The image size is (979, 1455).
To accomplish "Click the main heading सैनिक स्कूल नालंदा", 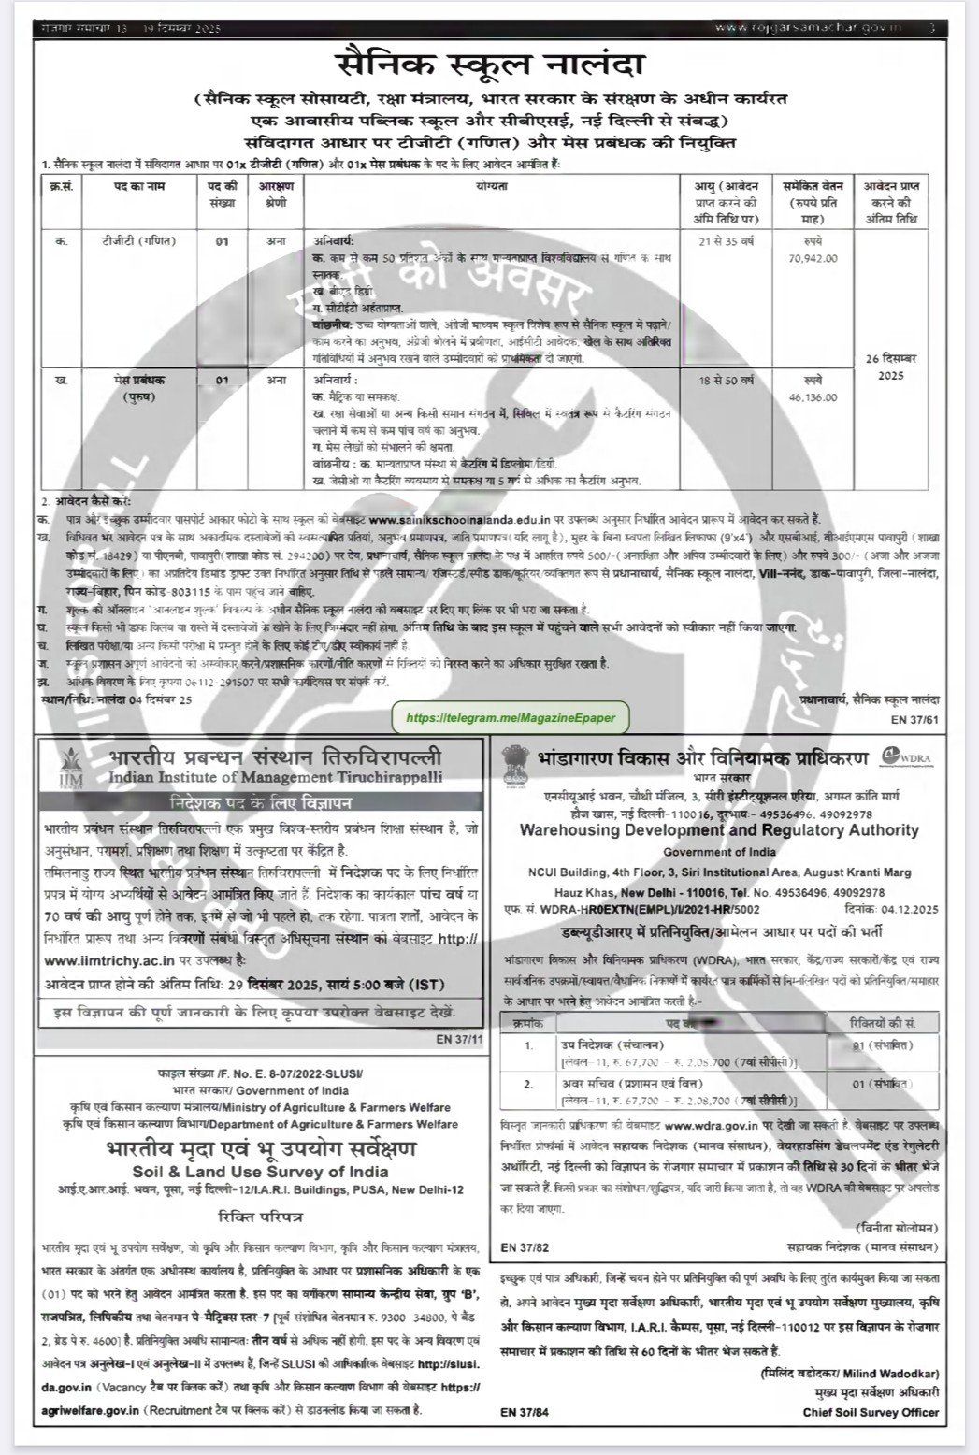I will [490, 68].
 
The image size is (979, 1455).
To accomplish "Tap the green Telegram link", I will [511, 716].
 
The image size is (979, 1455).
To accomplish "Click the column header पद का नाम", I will [138, 187].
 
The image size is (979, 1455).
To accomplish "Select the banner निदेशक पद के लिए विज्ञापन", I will [261, 803].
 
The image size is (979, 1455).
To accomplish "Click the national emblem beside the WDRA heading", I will [516, 765].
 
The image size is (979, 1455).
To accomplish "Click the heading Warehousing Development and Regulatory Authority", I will [719, 830].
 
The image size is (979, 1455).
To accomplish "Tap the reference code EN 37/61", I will [917, 718].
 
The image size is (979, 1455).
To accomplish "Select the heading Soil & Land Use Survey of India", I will [261, 1172].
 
